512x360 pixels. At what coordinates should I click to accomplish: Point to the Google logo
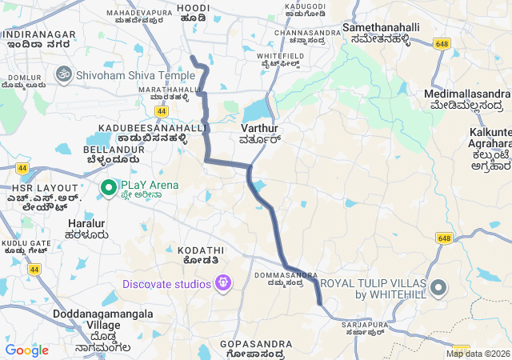coord(26,350)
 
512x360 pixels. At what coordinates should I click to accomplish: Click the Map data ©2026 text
coord(478,354)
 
